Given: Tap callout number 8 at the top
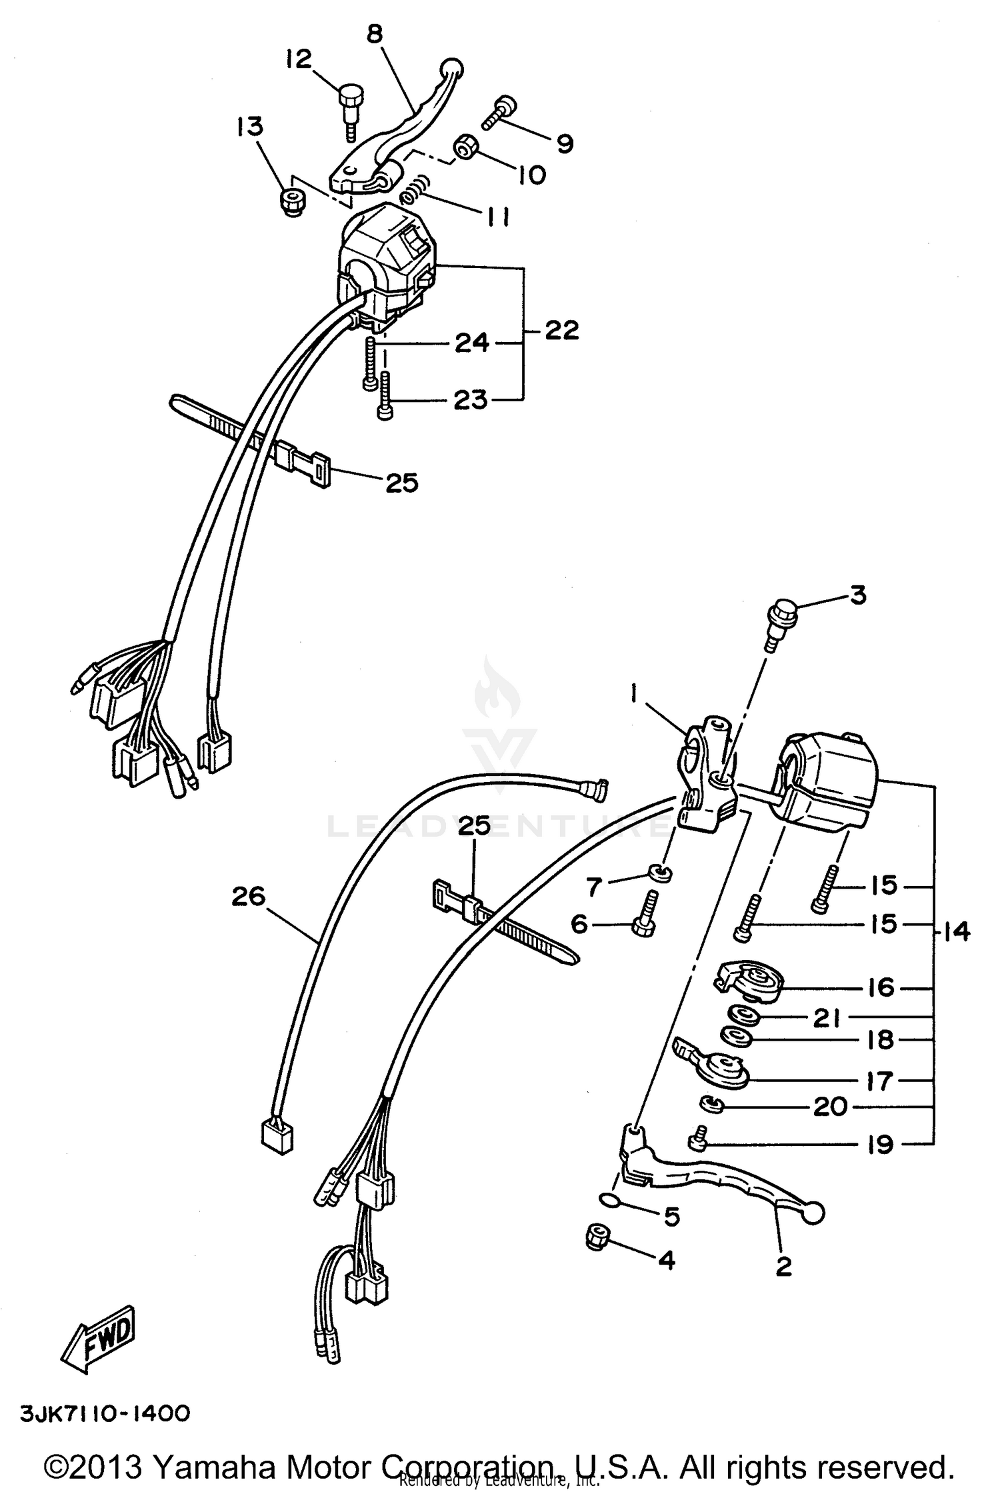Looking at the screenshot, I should pyautogui.click(x=375, y=33).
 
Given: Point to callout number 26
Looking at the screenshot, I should pyautogui.click(x=249, y=896).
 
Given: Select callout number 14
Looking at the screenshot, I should pyautogui.click(x=957, y=932).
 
